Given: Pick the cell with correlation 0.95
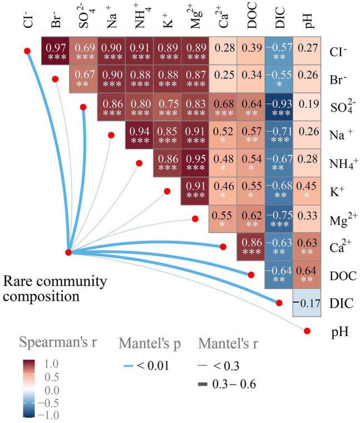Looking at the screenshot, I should [x=195, y=165].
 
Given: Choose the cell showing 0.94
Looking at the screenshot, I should [x=139, y=137].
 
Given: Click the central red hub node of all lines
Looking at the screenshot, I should [x=68, y=252].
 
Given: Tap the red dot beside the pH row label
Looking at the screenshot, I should [x=307, y=332].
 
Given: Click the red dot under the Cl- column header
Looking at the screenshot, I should [x=26, y=51].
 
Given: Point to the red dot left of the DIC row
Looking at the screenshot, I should [x=279, y=303].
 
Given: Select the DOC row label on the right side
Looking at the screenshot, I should [x=340, y=276].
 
